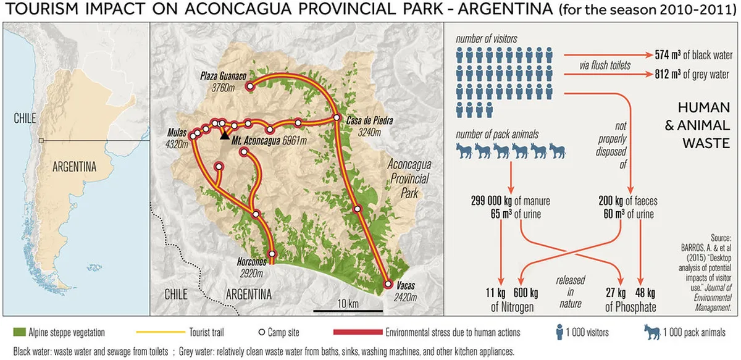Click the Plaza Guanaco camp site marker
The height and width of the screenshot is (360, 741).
(251, 87)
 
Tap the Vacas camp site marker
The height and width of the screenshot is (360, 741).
(388, 285)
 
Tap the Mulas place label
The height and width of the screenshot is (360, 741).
(178, 132)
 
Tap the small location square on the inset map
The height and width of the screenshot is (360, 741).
(41, 141)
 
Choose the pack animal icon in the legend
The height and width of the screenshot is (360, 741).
(654, 332)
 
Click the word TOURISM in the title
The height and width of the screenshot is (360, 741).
(43, 11)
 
